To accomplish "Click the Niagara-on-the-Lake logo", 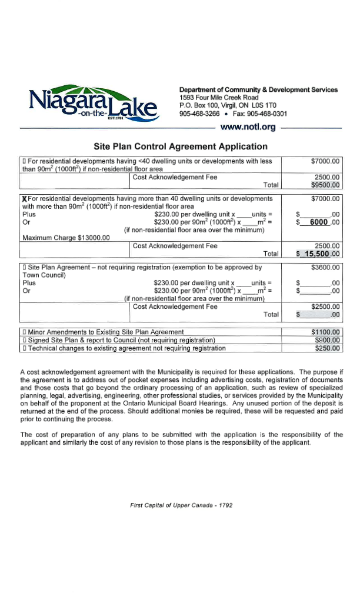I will pos(92,103).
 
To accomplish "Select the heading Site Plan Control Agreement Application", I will pos(181,146).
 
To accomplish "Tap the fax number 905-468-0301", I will pos(267,114).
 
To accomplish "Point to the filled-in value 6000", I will pos(318,222).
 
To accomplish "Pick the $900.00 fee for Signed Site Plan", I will pos(327,340).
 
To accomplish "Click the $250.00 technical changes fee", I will pos(327,348).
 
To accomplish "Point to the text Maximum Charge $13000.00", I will pos(66,238).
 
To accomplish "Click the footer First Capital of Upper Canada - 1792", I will pos(181,505).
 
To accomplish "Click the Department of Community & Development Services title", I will pos(258,89).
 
